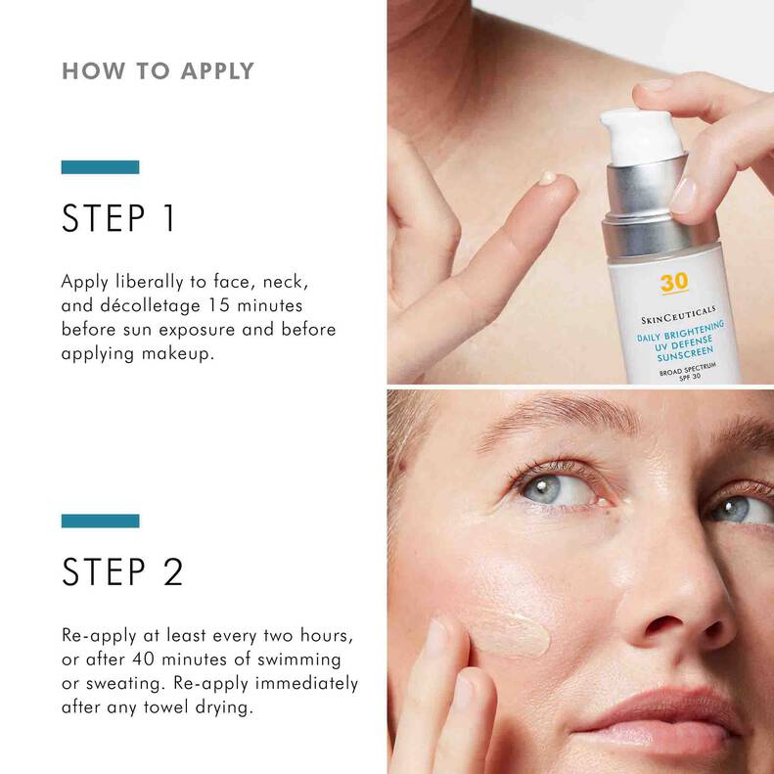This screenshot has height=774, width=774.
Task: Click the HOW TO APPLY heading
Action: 158,70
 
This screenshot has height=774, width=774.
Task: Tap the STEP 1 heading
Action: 117,218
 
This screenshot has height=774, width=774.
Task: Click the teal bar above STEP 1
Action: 100,167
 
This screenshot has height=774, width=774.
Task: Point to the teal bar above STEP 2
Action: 100,520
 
